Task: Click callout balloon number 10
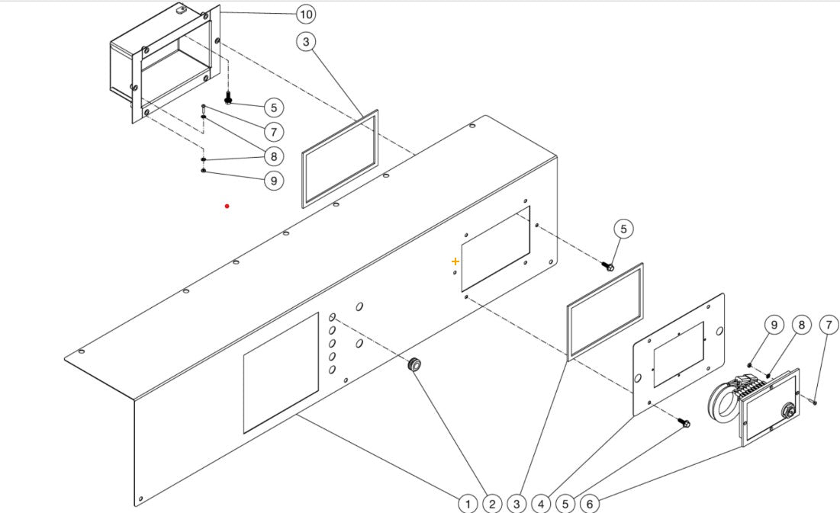305,14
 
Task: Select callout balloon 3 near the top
306,42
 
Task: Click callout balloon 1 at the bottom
468,503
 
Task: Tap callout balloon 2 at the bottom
492,503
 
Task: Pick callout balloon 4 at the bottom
541,503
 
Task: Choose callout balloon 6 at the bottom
589,503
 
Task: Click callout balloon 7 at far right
828,325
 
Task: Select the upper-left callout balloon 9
273,181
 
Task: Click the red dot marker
227,206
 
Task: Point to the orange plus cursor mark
455,261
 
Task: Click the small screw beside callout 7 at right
815,401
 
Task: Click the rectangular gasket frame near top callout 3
340,159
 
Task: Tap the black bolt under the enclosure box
228,99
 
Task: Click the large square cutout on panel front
281,373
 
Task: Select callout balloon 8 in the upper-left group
273,156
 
